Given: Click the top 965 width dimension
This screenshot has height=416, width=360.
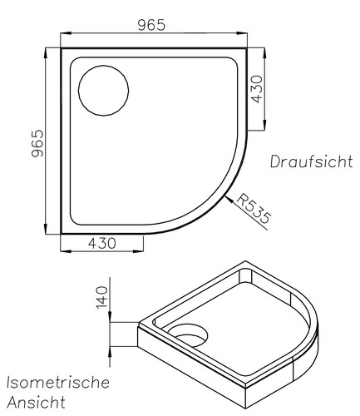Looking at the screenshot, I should coord(150,24).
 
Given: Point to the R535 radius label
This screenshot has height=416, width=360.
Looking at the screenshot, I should coord(254,209).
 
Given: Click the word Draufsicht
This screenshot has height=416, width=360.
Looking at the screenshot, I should coord(309,161).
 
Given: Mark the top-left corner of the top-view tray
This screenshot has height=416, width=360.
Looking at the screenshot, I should coord(62,48).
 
